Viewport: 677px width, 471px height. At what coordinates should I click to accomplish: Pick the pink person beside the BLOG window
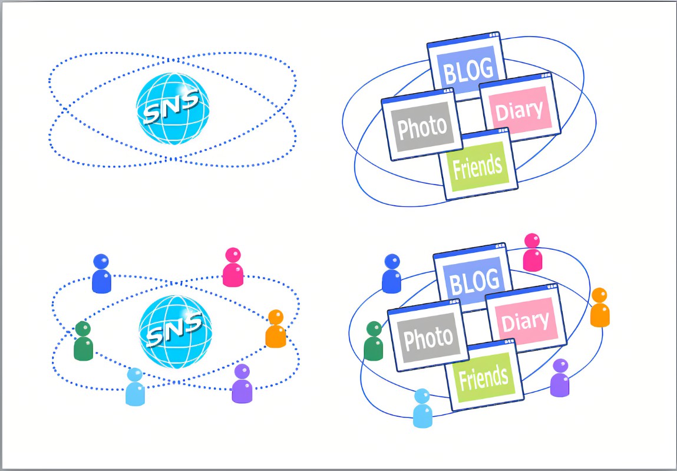(x=532, y=252)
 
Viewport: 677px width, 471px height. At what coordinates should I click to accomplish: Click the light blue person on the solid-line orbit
(x=422, y=408)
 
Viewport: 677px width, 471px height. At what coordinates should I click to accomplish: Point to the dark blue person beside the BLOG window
(x=392, y=274)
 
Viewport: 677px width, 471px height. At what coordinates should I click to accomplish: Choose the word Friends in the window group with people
(x=484, y=378)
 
